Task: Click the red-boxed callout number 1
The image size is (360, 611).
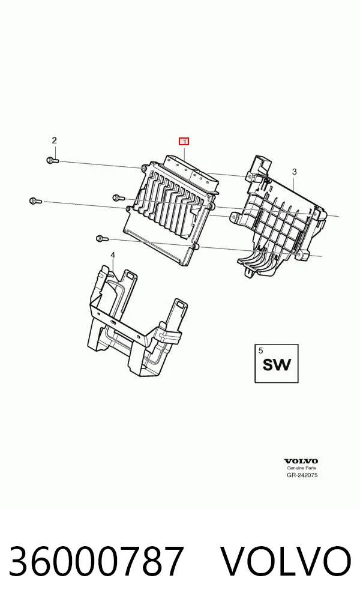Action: point(184,141)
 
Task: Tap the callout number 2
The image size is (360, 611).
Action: point(55,140)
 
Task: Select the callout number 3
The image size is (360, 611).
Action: point(295,172)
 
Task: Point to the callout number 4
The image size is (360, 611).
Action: point(113,255)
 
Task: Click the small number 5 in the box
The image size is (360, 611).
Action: point(260,351)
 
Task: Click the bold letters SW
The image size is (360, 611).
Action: point(277,365)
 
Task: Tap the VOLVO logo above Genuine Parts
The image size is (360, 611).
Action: point(301,462)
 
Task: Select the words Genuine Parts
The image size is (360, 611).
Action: point(302,468)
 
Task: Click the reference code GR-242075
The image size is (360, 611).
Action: point(302,475)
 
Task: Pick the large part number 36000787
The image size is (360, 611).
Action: point(96,562)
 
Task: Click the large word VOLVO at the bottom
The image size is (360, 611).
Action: point(286,562)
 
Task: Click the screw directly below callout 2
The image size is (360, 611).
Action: point(53,160)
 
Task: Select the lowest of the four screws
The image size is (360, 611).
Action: point(101,238)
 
